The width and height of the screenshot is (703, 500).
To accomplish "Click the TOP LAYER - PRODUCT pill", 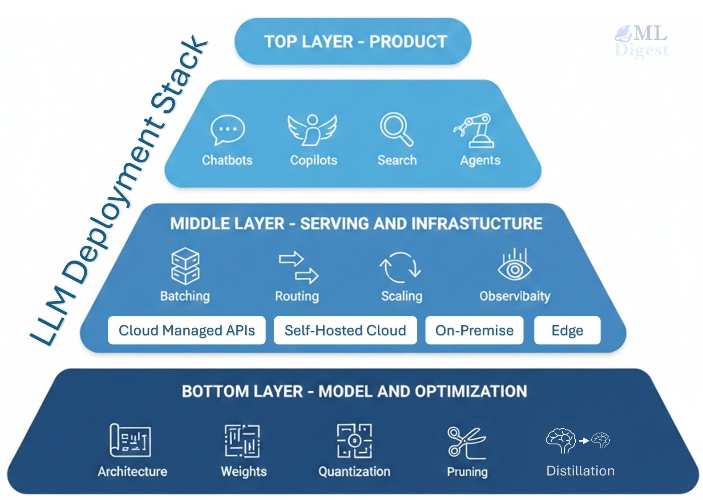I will tap(353, 41).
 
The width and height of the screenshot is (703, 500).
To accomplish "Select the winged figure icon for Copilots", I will tap(312, 130).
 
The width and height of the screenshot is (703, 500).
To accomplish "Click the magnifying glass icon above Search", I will tap(396, 129).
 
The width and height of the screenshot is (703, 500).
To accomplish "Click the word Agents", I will tap(480, 160).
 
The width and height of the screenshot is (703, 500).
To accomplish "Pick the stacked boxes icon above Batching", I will tap(185, 266).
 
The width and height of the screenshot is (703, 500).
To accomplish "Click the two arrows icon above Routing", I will tap(298, 268).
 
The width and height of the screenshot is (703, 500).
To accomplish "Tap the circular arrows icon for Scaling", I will tap(400, 267).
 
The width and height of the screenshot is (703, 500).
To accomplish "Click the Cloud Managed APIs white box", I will tap(186, 330).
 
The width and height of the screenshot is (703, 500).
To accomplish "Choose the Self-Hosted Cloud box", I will tap(345, 330).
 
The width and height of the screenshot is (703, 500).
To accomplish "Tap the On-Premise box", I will tap(474, 330).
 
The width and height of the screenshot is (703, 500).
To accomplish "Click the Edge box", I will tap(567, 330).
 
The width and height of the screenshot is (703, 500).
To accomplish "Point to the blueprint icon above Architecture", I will tap(130, 440).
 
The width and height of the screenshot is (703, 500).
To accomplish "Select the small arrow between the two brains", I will tap(584, 441).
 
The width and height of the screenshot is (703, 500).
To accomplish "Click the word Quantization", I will tap(354, 472).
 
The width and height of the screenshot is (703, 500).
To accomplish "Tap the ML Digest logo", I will tap(641, 41).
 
